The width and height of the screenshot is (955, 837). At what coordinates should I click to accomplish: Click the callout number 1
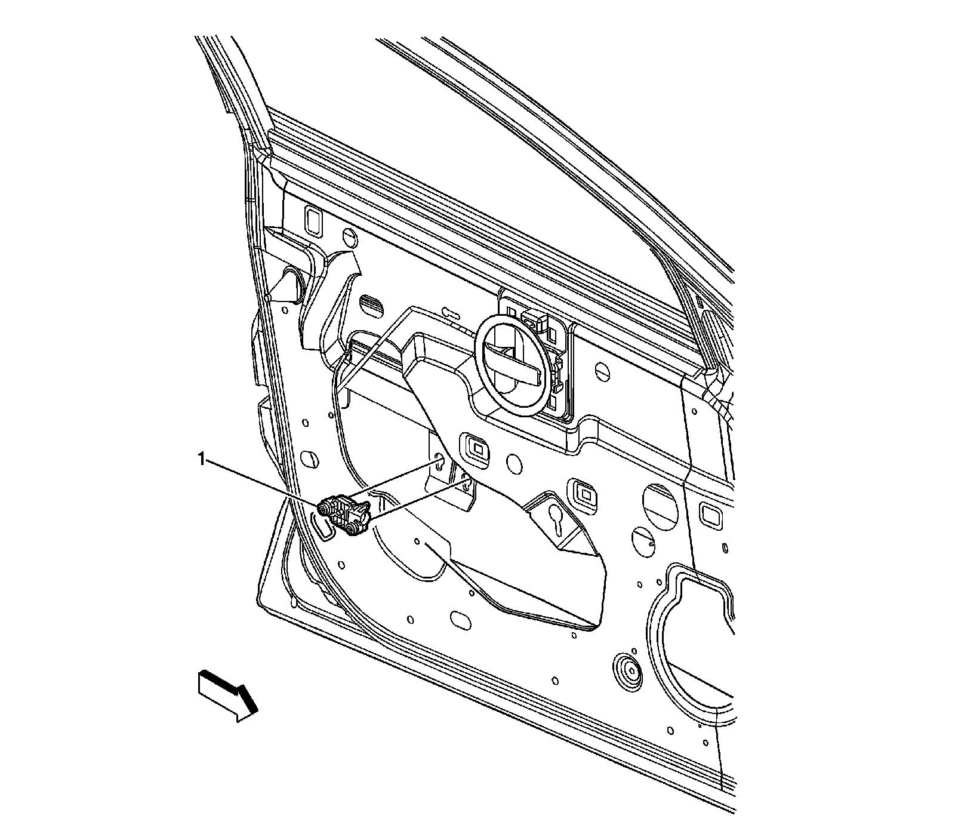click(x=202, y=458)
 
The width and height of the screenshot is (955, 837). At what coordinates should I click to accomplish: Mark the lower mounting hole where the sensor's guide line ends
click(x=465, y=481)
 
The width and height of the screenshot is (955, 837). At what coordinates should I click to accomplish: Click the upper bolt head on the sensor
click(x=325, y=507)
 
